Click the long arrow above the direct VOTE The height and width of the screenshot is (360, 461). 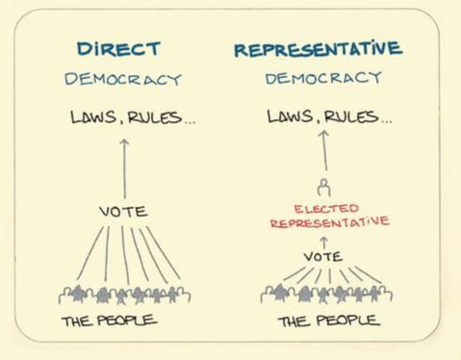tap(123, 168)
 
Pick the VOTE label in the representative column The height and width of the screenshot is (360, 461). tap(323, 256)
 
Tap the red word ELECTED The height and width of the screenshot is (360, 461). tap(325, 208)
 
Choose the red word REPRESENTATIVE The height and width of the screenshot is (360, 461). tap(328, 222)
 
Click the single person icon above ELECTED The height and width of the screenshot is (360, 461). tap(324, 187)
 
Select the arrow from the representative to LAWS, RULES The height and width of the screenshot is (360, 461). tap(324, 152)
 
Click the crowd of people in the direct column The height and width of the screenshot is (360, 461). tap(123, 294)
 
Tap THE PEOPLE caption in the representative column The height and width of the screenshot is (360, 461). tap(325, 321)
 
